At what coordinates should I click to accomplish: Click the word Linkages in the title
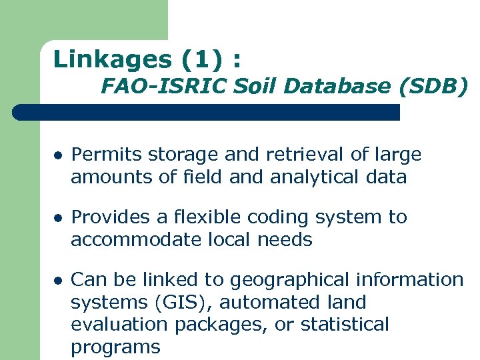point(113,60)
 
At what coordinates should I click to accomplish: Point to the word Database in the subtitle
point(343,86)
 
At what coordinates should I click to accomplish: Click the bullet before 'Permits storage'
point(58,155)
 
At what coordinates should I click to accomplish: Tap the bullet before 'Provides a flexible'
point(58,218)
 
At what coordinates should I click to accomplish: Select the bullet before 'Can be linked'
point(58,281)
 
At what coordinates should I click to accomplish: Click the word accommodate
point(134,240)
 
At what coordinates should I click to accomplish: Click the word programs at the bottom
point(115,347)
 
